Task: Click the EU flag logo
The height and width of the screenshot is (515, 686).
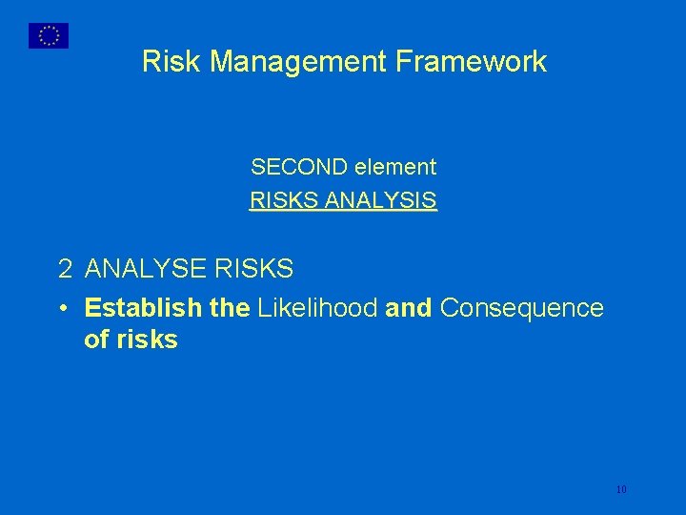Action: [x=49, y=35]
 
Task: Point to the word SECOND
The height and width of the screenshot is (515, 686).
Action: [x=298, y=168]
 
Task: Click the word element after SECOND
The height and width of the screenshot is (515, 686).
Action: [x=395, y=168]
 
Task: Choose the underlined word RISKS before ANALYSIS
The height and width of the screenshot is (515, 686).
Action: [x=284, y=201]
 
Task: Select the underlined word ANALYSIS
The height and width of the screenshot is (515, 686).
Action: [x=381, y=201]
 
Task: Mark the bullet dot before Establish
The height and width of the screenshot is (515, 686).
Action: [x=62, y=309]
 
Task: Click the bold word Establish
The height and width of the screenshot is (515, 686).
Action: [x=143, y=309]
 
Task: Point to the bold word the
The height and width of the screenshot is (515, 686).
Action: [x=230, y=309]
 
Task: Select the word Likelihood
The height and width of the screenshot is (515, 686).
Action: [x=317, y=309]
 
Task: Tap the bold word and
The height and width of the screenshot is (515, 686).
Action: [x=410, y=309]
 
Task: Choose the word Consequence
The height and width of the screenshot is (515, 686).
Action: [x=522, y=309]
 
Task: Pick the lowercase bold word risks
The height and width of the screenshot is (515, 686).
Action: [x=146, y=340]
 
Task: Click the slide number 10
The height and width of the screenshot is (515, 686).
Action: [x=621, y=489]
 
